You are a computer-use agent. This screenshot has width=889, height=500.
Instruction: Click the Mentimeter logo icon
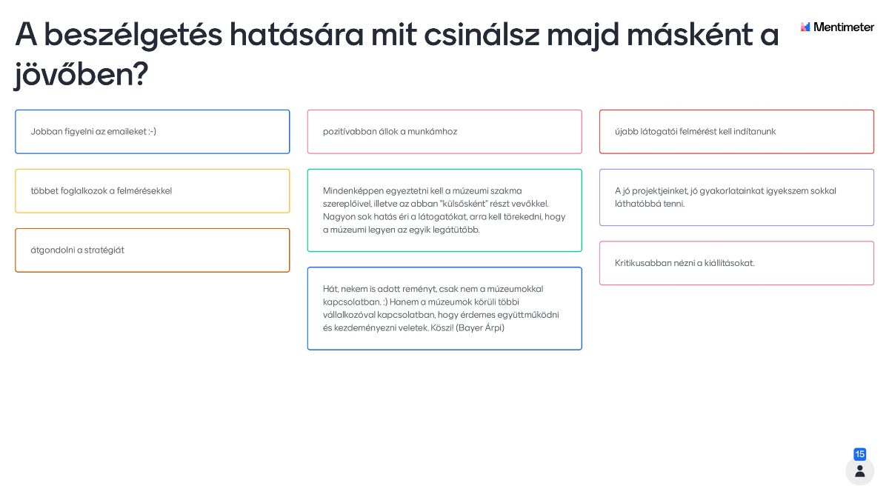tap(805, 27)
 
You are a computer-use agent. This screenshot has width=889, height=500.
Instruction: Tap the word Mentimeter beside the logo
tap(844, 27)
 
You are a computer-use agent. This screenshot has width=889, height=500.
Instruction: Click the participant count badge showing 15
tap(859, 454)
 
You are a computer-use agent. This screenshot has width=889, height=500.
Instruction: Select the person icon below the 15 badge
tap(859, 471)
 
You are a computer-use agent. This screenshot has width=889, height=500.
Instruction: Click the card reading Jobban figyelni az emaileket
tap(152, 132)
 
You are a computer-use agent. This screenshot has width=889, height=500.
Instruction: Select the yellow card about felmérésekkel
tap(152, 191)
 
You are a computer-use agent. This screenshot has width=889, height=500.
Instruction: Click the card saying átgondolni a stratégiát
tap(152, 250)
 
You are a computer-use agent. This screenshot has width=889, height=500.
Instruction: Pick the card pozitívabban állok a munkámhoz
tap(444, 132)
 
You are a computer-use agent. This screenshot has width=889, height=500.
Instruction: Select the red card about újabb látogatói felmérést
tap(736, 132)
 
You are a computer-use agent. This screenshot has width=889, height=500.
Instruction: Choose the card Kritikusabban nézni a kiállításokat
tap(736, 263)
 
